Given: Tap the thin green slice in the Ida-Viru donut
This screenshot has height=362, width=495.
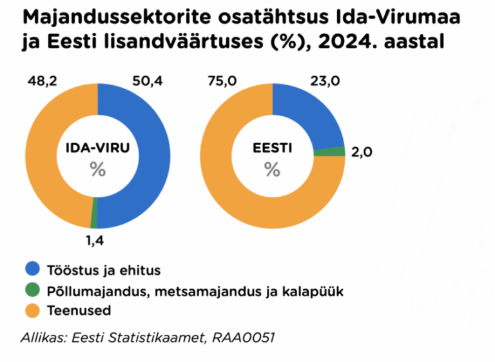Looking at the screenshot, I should click(94, 221).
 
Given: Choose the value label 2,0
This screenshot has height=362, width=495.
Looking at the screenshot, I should click(362, 152).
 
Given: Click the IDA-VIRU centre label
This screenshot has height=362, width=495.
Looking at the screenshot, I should click(97, 148).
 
